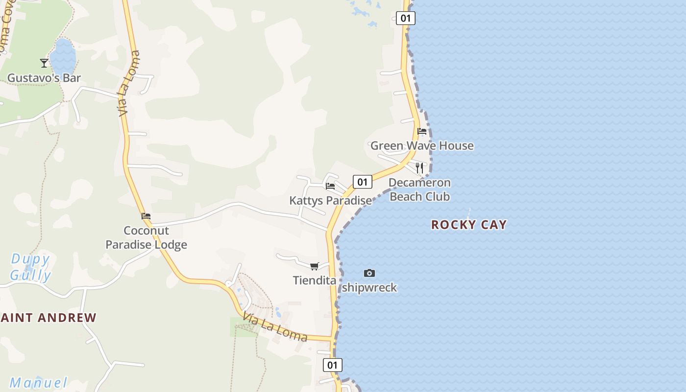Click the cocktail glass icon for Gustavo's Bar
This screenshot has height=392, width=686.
click(x=44, y=63)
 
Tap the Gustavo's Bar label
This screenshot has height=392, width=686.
click(x=44, y=78)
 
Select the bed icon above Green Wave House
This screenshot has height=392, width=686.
click(x=422, y=131)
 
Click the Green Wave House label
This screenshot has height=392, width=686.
click(x=422, y=146)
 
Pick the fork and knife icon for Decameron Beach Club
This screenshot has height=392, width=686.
click(x=419, y=168)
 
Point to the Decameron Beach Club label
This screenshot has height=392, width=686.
click(x=419, y=190)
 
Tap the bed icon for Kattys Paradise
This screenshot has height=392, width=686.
click(x=330, y=186)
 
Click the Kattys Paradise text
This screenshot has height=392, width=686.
click(x=330, y=200)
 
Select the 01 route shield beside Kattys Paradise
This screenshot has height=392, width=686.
click(x=362, y=182)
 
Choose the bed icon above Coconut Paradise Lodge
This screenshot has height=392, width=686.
click(x=146, y=216)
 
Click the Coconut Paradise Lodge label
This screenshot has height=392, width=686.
click(x=147, y=238)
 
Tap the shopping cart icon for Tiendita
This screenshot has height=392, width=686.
click(x=315, y=267)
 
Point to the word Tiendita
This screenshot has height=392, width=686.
click(x=315, y=281)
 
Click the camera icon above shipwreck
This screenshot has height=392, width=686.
click(x=369, y=273)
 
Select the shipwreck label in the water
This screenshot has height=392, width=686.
click(x=369, y=288)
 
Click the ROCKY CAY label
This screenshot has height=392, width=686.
click(x=469, y=225)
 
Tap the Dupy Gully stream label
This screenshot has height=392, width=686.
click(x=30, y=267)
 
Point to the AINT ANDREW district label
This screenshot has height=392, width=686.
click(x=49, y=318)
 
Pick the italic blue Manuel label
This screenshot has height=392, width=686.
click(x=38, y=383)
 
